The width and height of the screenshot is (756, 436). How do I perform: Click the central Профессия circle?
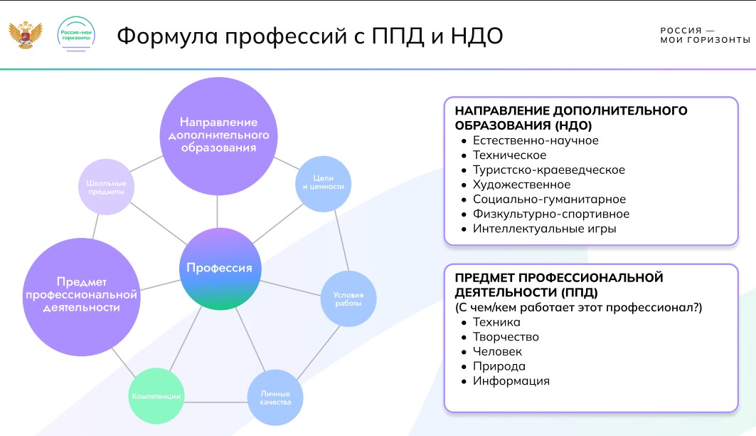[x=219, y=269]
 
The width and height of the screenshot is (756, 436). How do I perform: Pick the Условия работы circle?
[x=348, y=299]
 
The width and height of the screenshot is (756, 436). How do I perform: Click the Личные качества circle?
[x=275, y=398]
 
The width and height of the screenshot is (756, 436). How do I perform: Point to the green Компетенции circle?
[x=156, y=396]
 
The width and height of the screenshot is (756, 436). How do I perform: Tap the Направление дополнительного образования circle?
[x=218, y=134]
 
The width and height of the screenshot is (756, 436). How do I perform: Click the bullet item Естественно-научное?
[x=536, y=140]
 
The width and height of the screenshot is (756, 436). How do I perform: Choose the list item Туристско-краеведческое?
[x=548, y=170]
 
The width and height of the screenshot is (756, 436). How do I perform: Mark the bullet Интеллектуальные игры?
[x=544, y=229]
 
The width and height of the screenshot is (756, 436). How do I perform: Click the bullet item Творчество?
[x=506, y=336]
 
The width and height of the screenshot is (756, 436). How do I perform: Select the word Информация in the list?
[x=511, y=380]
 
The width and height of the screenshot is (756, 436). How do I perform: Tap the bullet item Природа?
[x=499, y=366]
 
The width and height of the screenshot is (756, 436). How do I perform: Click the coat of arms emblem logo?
[x=26, y=34]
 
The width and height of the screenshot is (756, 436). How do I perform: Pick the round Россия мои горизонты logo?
[x=77, y=33]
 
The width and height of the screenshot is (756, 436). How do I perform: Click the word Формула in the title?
[x=166, y=36]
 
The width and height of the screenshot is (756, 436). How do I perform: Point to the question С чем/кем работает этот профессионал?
[x=578, y=308]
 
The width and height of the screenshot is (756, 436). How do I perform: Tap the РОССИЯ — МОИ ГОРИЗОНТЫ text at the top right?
[x=704, y=35]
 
